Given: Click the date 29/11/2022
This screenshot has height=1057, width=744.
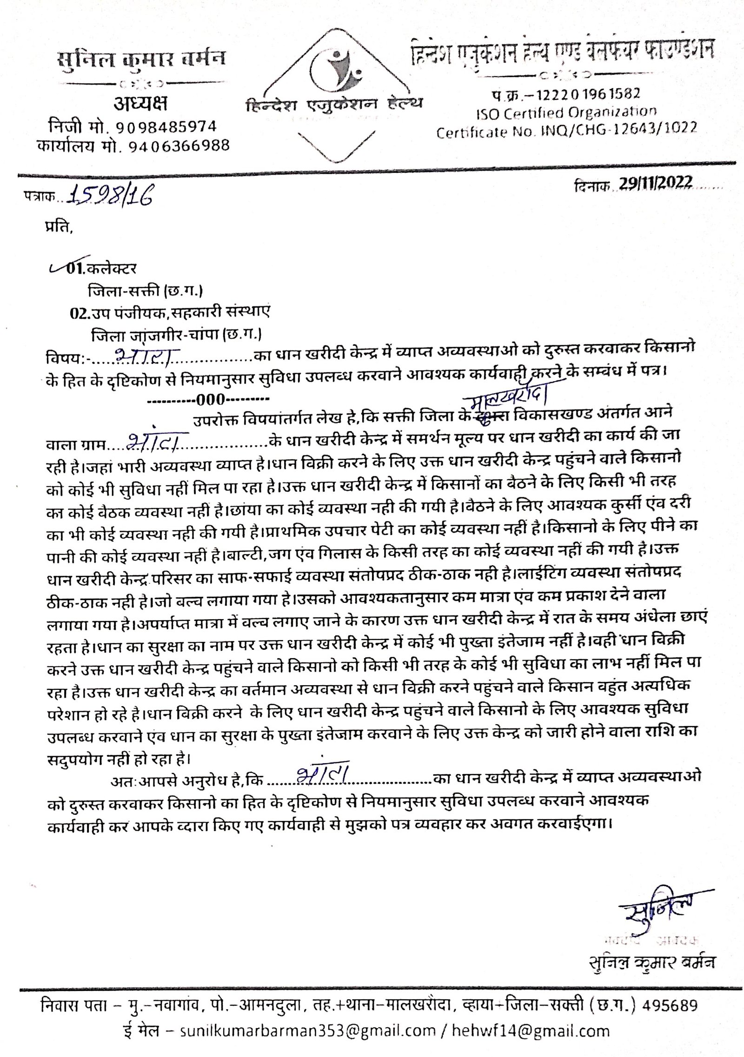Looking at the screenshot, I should point(655,182).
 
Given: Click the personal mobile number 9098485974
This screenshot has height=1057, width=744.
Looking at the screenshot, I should point(166,126).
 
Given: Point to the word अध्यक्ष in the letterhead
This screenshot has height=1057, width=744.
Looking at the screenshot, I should point(141,105).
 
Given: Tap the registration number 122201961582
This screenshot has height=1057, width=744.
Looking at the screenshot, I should point(588,93).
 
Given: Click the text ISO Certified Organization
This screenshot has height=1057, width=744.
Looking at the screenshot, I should point(564,112).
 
